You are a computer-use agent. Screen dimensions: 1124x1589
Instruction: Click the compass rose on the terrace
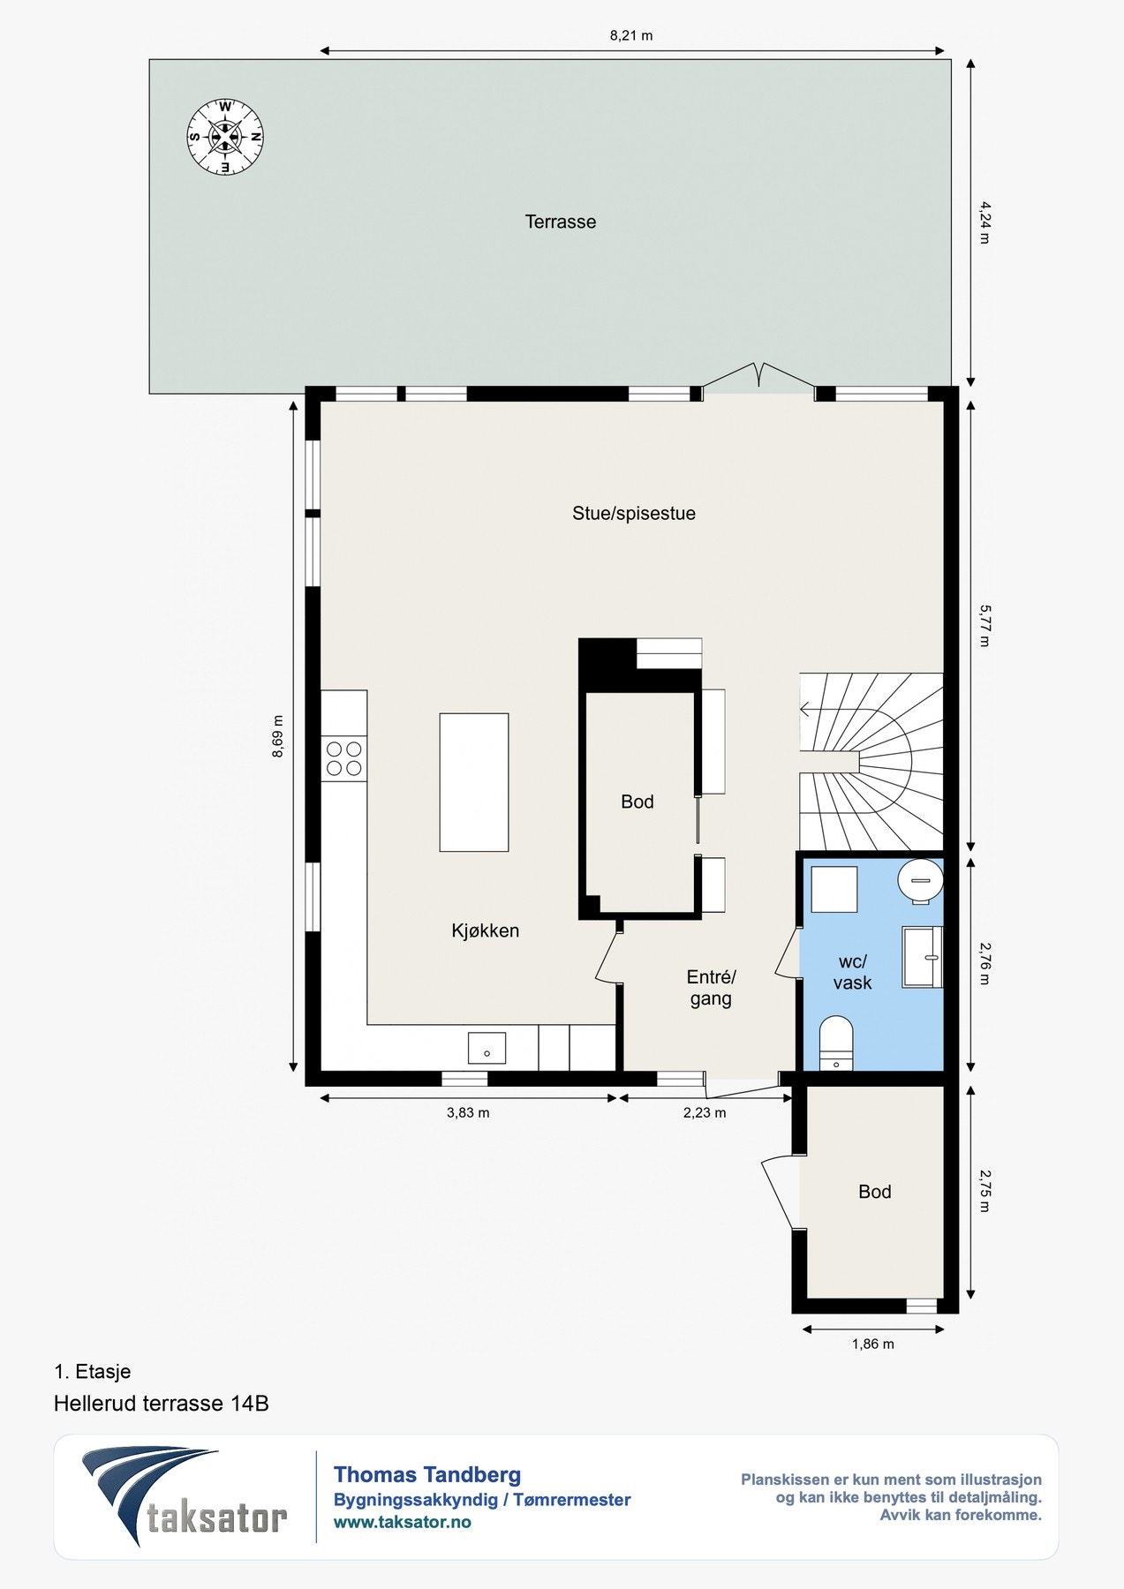[225, 137]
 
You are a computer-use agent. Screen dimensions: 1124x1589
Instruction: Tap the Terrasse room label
[561, 222]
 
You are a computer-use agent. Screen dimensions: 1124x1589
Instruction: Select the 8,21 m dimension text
[631, 36]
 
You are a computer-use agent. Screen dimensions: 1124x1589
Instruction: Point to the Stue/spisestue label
[634, 514]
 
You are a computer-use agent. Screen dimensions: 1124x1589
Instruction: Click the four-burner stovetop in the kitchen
[344, 759]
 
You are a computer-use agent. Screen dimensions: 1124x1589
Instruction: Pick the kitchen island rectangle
[474, 782]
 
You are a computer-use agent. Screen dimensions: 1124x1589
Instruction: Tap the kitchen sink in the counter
[487, 1049]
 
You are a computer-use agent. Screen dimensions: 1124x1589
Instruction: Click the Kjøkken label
[486, 930]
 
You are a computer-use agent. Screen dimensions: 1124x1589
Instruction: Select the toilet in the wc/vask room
[836, 1043]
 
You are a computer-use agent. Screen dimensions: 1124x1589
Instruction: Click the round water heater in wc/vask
[921, 881]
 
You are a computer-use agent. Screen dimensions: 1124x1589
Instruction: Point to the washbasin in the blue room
[923, 957]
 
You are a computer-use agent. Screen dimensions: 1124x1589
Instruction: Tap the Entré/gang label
[711, 988]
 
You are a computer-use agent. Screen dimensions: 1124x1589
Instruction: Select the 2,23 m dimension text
[705, 1113]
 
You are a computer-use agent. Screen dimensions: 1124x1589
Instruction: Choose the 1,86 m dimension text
[872, 1344]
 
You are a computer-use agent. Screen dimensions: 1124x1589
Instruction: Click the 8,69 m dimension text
[278, 736]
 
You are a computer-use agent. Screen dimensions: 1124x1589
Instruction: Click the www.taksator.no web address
[403, 1522]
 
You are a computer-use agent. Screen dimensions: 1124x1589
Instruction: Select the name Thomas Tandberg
[427, 1474]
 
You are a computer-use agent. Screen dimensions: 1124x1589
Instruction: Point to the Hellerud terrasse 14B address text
[162, 1404]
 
